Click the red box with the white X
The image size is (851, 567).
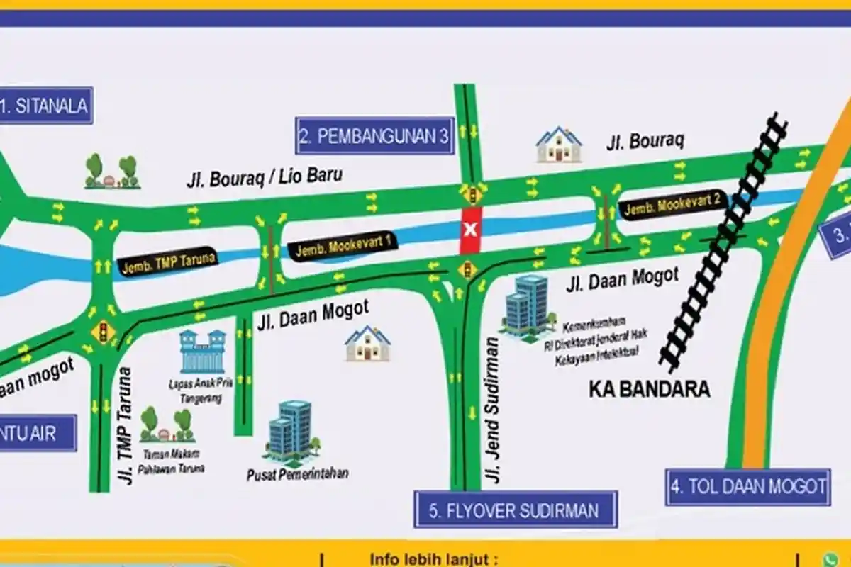pos(470,230)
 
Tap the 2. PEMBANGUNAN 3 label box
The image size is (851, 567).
pos(374,136)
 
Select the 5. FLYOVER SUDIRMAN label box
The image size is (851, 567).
pos(516,510)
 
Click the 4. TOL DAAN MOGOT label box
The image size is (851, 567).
pos(747,487)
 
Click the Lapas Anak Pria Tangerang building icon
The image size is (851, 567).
pos(203,352)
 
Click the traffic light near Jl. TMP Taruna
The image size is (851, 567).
pos(104,331)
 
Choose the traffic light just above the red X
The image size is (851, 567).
pos(470,193)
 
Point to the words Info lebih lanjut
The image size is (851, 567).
pos(430,560)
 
